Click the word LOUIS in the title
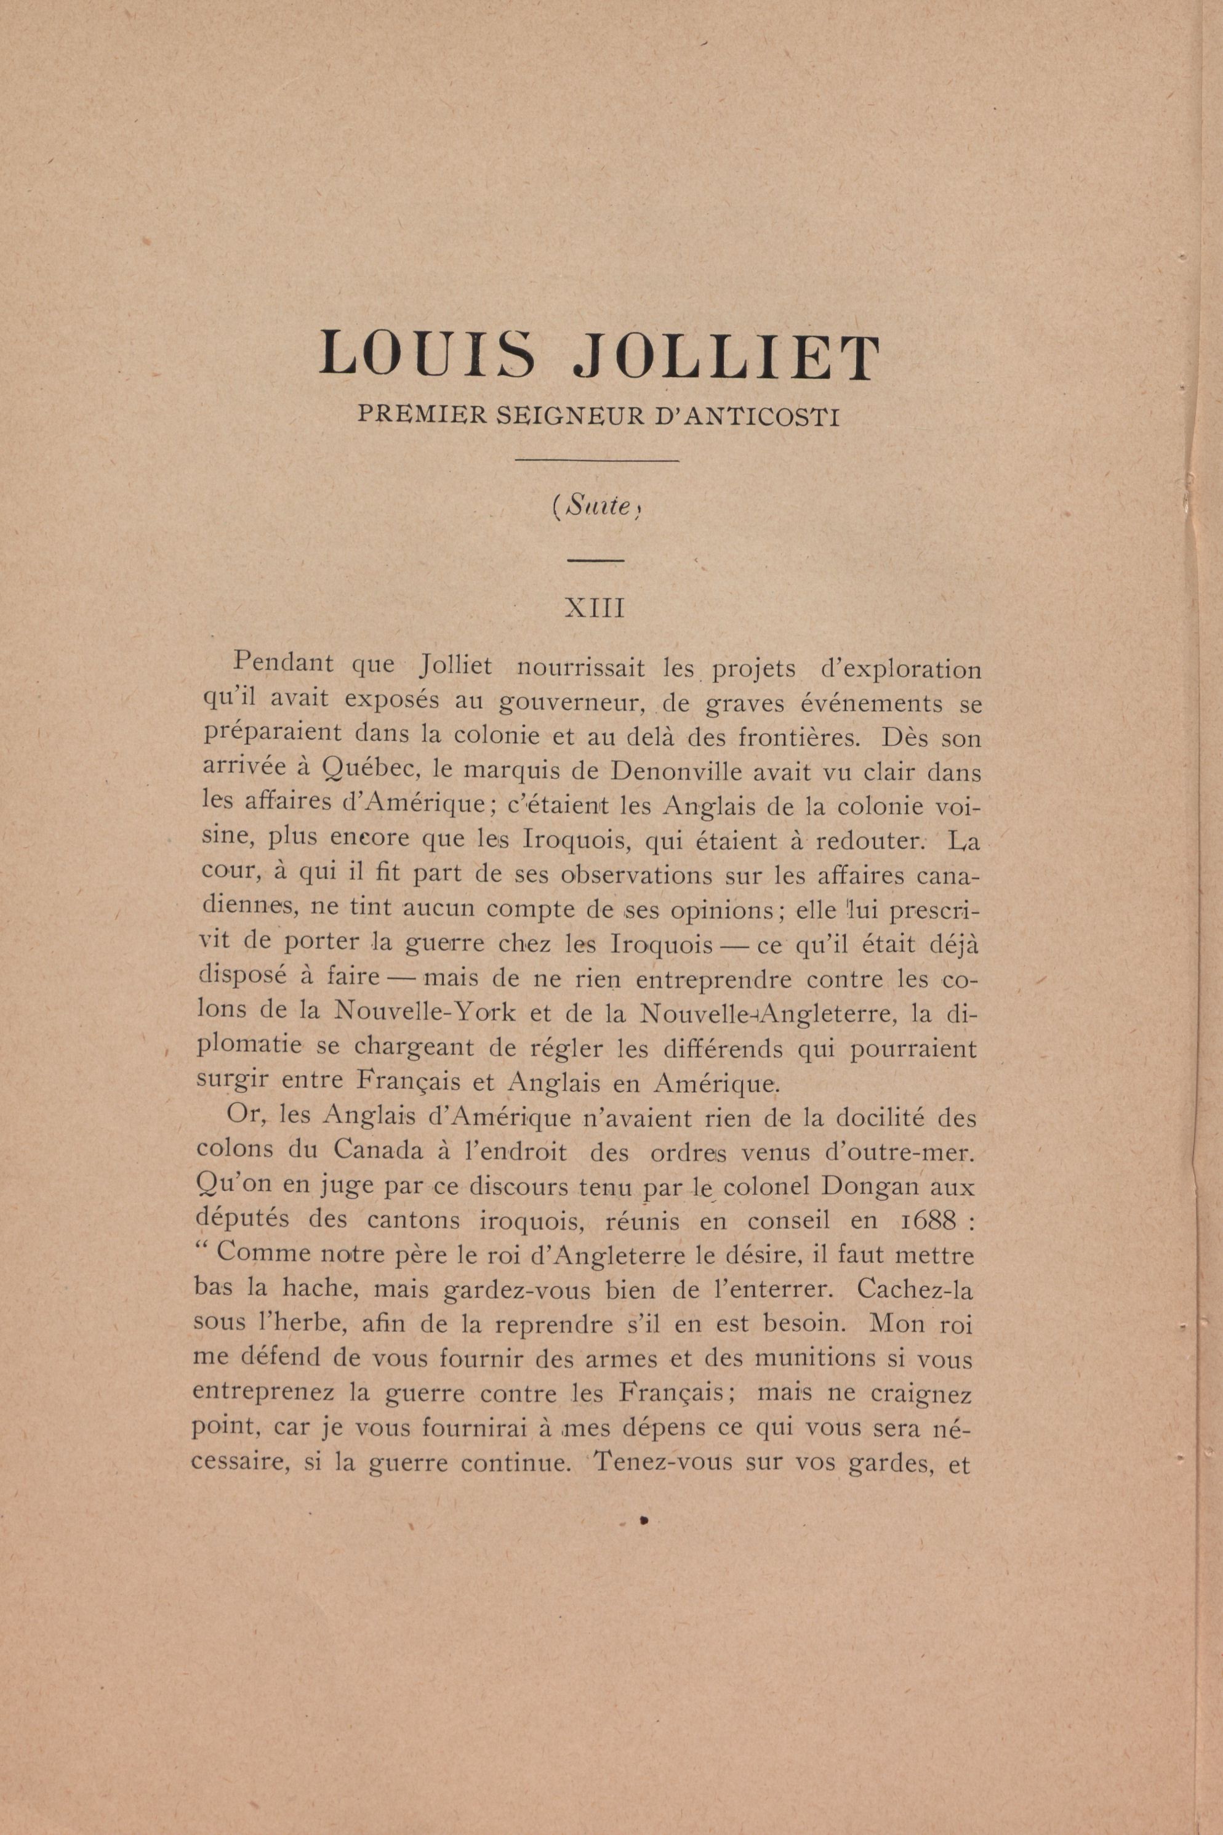(x=427, y=355)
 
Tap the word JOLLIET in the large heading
(x=726, y=355)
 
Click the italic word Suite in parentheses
(x=598, y=508)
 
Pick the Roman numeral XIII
(x=595, y=608)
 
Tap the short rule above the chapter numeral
(x=595, y=560)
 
